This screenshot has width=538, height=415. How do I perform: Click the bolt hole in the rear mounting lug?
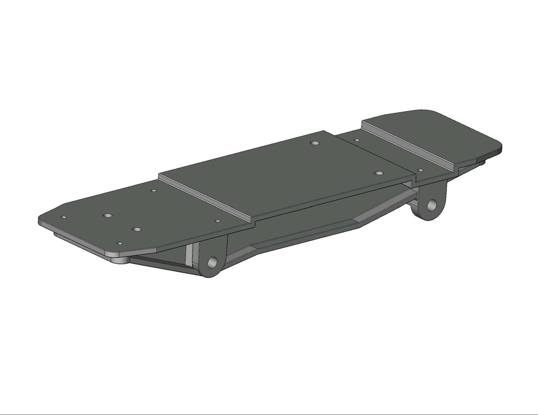[432, 205]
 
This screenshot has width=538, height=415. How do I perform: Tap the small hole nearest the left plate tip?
[64, 217]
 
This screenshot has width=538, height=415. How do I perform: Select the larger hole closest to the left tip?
[108, 215]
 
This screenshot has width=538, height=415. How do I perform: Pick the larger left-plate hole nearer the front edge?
[137, 230]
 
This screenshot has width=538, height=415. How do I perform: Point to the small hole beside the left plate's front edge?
[120, 243]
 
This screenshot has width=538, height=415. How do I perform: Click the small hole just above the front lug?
[217, 221]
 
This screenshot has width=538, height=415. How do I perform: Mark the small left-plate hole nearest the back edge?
[154, 191]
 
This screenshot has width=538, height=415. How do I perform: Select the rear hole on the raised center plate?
[315, 143]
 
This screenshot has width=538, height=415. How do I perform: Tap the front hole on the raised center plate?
[379, 173]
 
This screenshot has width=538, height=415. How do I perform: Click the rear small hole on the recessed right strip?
[356, 140]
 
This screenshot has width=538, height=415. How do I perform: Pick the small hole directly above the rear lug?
[420, 170]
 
